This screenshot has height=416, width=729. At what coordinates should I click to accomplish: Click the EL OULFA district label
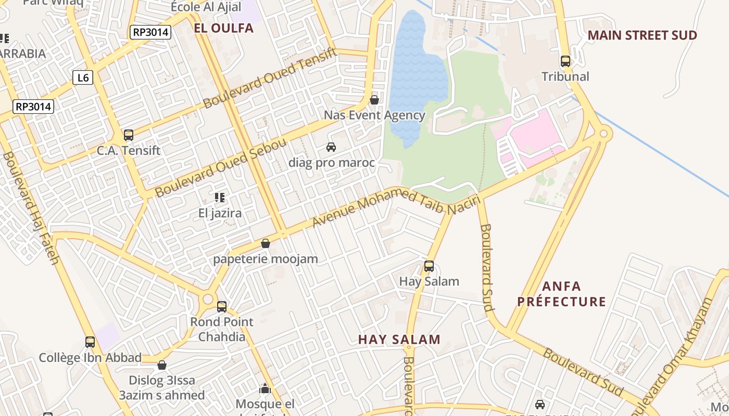point(223,28)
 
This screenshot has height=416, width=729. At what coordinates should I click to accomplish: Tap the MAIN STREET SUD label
point(642,35)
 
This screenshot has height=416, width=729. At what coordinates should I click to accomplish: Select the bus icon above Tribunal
point(565,61)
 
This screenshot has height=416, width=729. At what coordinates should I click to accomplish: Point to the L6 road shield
point(83,78)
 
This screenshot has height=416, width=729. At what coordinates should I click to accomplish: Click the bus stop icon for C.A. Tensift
point(129,135)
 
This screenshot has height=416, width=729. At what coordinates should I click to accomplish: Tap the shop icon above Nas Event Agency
point(374,99)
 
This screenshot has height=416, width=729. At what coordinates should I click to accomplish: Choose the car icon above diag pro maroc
point(331,147)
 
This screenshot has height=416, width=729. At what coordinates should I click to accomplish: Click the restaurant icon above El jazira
point(220,198)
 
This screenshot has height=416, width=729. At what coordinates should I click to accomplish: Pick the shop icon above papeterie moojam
point(266,243)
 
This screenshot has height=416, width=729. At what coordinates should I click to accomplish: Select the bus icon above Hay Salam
point(429,266)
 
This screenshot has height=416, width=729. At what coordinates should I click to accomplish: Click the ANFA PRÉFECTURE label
point(561,294)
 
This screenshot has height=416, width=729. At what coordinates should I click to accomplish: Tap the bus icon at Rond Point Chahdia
point(222,307)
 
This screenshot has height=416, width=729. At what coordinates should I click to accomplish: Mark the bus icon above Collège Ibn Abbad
point(90,342)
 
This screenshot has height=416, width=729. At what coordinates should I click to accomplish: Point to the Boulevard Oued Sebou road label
point(221,168)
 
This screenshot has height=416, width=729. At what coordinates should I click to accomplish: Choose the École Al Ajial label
point(206,7)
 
